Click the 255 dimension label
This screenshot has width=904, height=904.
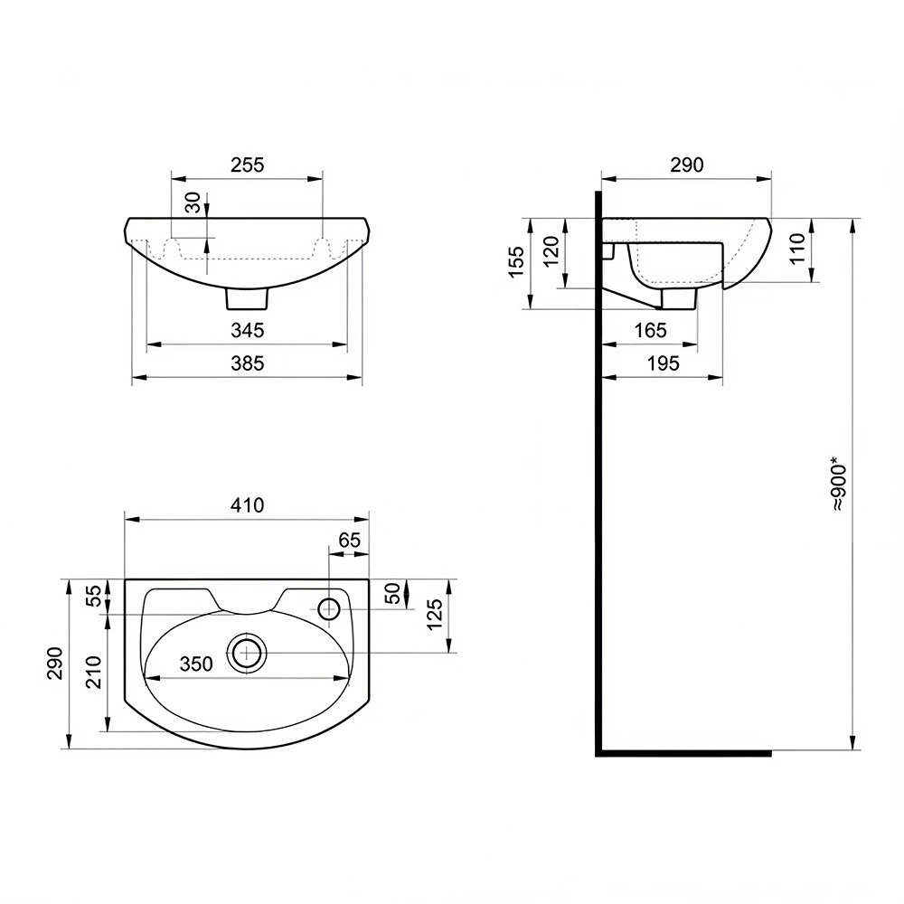click(248, 165)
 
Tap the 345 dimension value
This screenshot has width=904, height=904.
click(248, 330)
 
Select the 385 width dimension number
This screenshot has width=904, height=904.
click(248, 363)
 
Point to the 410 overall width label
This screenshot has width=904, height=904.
click(248, 505)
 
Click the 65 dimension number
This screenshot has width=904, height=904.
click(349, 541)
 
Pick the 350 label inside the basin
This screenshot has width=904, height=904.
click(196, 664)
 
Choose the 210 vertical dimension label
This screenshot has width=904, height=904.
click(93, 673)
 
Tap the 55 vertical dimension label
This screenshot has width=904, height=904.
click(93, 596)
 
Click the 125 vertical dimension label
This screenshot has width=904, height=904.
click(436, 615)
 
